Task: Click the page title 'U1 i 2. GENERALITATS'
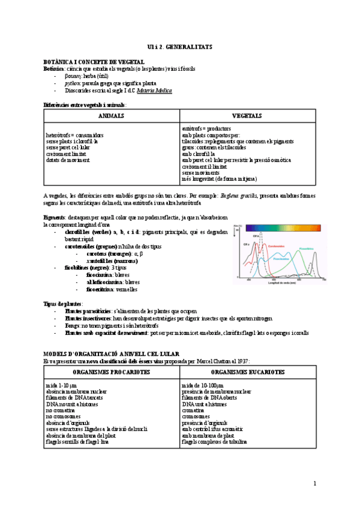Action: tap(179, 46)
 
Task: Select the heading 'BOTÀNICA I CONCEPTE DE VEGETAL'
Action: tap(94, 62)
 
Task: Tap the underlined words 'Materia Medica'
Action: tap(154, 91)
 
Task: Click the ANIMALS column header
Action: tap(111, 116)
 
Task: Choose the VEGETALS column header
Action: tap(247, 116)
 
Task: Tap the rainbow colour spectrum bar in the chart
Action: tap(285, 228)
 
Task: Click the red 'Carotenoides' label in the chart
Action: tap(275, 246)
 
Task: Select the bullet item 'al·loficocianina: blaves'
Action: tap(113, 282)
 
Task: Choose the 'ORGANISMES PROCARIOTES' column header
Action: tap(112, 372)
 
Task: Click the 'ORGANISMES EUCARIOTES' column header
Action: tap(247, 372)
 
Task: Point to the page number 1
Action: tap(314, 484)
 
